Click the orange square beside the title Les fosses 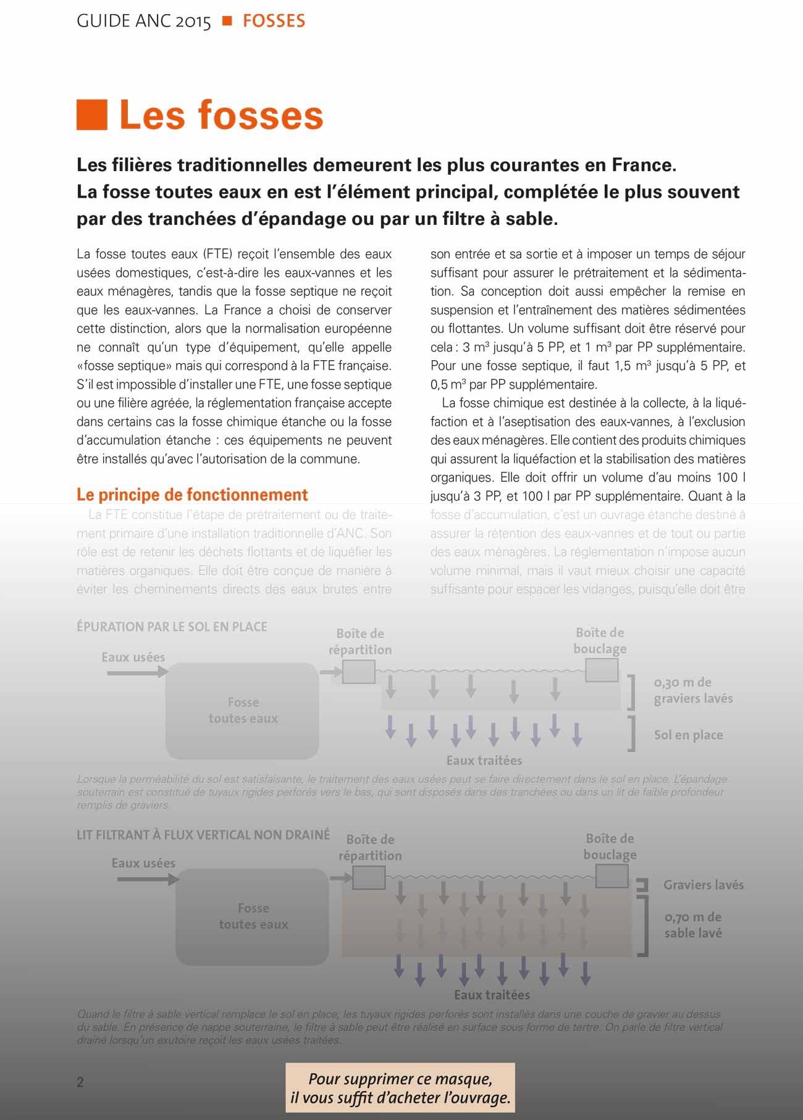point(91,115)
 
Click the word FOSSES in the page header point(274,21)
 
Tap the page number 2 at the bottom point(80,1082)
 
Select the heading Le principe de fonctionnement point(192,495)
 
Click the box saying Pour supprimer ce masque point(400,1088)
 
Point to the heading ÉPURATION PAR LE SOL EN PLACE point(172,626)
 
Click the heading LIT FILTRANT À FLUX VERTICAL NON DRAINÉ point(203,835)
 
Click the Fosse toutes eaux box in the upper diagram point(242,710)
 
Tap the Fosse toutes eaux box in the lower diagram point(253,917)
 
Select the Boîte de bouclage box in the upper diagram point(602,670)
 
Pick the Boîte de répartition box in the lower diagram point(369,877)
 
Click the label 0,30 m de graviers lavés point(693,691)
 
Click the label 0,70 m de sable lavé point(693,925)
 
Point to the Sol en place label point(688,735)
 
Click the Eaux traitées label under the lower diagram point(492,995)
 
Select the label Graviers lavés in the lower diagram point(704,885)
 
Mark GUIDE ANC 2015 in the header point(144,21)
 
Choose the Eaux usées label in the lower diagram point(143,863)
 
